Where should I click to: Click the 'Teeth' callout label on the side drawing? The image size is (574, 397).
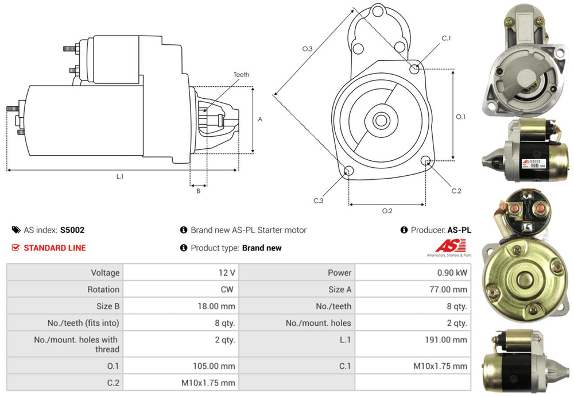[x=241, y=75]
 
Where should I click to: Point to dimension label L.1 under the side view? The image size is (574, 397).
[x=120, y=177]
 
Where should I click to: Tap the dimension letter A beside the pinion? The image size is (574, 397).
[x=260, y=120]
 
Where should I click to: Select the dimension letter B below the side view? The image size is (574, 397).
[x=198, y=191]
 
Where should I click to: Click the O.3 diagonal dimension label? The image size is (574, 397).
[x=307, y=49]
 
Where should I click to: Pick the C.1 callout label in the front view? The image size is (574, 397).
[x=446, y=38]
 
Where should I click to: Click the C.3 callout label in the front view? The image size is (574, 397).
[x=319, y=201]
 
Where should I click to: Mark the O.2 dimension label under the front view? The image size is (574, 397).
[x=387, y=211]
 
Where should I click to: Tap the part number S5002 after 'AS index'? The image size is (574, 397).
[x=72, y=230]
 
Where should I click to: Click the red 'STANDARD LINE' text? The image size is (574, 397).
[x=55, y=248]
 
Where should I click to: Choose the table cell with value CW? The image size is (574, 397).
[x=227, y=290]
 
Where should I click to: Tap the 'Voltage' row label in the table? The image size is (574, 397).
[x=105, y=272]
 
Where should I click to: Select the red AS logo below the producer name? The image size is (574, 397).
[x=445, y=246]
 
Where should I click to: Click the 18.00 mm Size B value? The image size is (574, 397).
[x=216, y=306]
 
